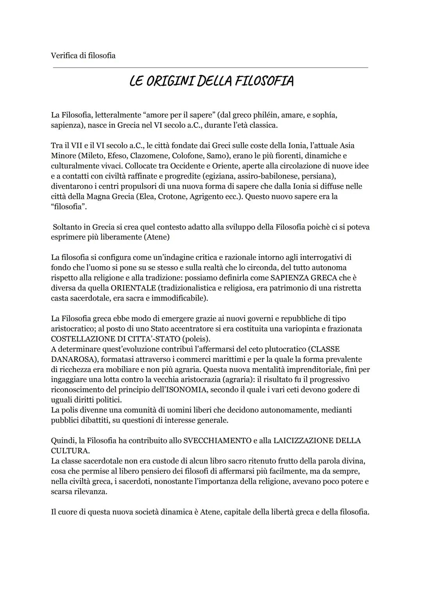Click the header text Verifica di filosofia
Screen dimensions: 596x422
click(x=83, y=55)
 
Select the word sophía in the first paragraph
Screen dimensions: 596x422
click(x=323, y=115)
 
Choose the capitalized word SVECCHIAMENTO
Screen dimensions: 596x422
click(x=217, y=440)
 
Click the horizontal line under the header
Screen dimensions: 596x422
click(x=211, y=68)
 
